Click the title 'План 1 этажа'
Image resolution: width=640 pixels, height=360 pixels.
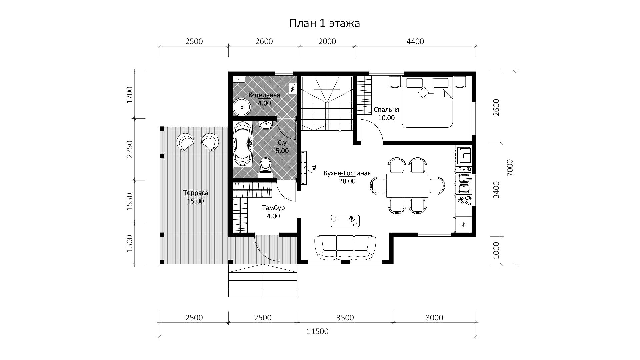click(324, 23)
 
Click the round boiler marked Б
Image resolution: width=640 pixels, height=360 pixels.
click(242, 107)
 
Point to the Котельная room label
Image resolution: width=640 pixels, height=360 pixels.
click(264, 95)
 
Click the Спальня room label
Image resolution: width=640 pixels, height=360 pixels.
click(386, 110)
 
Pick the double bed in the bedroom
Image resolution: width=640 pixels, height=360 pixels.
click(427, 102)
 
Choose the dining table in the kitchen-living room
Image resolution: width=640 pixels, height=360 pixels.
click(407, 186)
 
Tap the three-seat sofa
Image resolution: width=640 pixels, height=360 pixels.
click(345, 247)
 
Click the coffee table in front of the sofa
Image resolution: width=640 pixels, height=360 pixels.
click(345, 221)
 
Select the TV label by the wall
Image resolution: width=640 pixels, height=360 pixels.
click(314, 167)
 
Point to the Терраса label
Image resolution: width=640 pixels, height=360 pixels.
click(196, 193)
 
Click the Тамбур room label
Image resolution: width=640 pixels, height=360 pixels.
click(273, 208)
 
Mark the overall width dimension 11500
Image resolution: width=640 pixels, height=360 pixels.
click(318, 331)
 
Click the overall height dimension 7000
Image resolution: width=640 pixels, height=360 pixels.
click(510, 168)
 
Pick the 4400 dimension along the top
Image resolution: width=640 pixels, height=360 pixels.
click(415, 41)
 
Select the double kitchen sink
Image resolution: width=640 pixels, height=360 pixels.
click(464, 184)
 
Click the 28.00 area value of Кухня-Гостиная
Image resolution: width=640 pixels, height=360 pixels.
click(347, 181)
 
